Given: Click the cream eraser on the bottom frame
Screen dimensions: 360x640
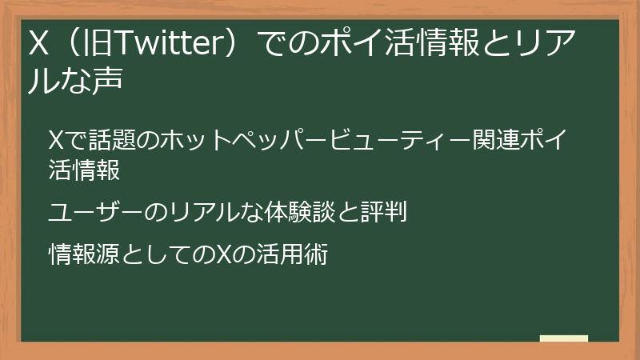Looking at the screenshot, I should coord(563,338).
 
